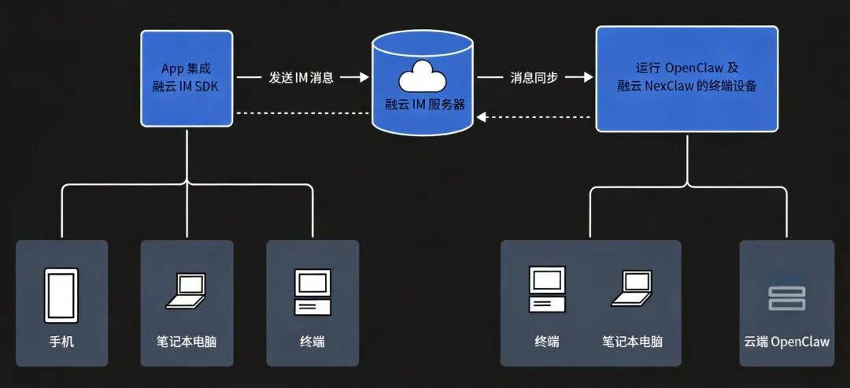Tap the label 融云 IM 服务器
[423, 104]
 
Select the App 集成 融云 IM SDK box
[187, 78]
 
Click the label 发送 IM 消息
[301, 77]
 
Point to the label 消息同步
[534, 77]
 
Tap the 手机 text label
[61, 342]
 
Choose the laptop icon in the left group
[186, 291]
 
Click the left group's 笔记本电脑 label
[187, 342]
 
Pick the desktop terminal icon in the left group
[312, 293]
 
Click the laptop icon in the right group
[631, 290]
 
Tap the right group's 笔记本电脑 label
[632, 342]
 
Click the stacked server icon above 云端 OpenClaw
[786, 298]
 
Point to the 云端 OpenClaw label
[786, 342]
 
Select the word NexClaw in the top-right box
[670, 87]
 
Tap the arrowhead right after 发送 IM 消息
[363, 77]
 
